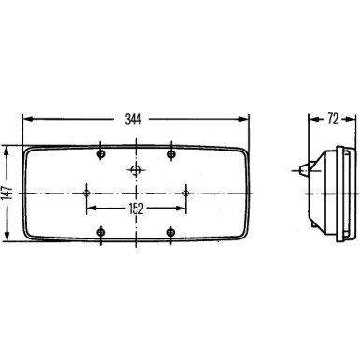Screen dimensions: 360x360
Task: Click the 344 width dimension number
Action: coord(137,120)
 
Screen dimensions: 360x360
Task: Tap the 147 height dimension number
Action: coord(8,192)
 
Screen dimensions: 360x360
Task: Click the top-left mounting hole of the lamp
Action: coord(101,152)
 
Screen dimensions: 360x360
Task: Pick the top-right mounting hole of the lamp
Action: coord(172,152)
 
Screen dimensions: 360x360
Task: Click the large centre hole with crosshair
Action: coord(137,170)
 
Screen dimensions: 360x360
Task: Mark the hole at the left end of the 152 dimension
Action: coord(86,192)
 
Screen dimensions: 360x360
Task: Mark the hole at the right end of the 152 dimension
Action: coord(187,192)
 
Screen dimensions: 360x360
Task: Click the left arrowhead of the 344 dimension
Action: coord(26,120)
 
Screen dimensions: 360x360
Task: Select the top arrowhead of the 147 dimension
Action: coord(8,149)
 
